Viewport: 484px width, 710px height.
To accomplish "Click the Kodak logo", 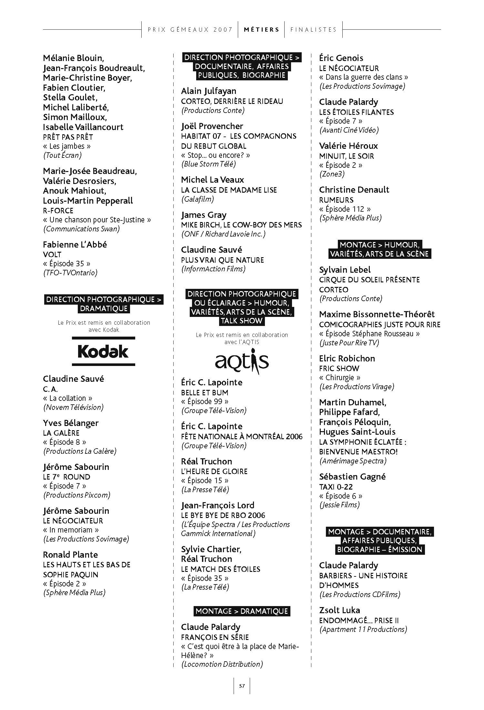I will (103, 351).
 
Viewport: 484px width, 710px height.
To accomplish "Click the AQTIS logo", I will (242, 362).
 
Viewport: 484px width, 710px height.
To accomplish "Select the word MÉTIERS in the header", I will (261, 30).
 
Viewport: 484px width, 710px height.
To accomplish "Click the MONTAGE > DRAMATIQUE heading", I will (242, 611).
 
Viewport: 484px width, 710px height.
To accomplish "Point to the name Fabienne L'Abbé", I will (75, 245).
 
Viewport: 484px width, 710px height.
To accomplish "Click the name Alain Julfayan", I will (208, 91).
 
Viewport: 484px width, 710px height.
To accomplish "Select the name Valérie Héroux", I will (348, 146).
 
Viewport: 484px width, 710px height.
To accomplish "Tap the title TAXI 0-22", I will (336, 487).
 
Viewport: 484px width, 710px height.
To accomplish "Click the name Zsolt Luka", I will (339, 610).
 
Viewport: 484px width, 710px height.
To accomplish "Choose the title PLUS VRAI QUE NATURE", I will (222, 260).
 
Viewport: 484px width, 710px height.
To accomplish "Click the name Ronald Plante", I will (70, 555).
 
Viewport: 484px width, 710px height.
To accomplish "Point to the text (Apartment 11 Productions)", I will (363, 629).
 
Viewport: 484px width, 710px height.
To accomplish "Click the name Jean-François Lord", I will (217, 505).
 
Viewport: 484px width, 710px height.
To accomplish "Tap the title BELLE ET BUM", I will (205, 393).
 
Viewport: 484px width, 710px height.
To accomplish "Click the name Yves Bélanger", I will (71, 423).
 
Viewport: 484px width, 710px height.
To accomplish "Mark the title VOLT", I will (52, 255).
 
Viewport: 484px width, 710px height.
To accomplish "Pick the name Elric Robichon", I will (347, 359).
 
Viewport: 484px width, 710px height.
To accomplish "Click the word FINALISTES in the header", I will (313, 30).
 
